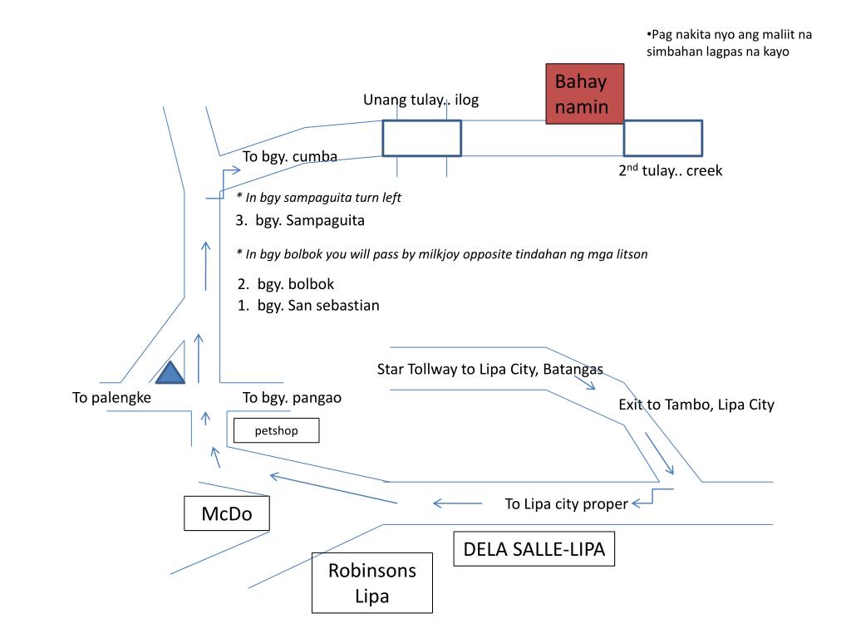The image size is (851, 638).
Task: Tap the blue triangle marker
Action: (170, 374)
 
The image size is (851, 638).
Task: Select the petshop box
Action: (276, 430)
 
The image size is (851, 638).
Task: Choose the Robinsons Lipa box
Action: (371, 583)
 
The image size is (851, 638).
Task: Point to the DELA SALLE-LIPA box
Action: (534, 550)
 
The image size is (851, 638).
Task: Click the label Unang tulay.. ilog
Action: (421, 101)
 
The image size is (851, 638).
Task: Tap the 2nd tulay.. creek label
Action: (670, 170)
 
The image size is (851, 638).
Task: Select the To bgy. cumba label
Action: (290, 156)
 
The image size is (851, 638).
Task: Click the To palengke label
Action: (111, 398)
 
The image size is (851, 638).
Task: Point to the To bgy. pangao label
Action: (292, 398)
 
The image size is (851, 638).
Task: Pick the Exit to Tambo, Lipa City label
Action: (696, 405)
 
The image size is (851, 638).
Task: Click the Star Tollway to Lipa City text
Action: (489, 369)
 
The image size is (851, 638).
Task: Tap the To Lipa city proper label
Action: (567, 503)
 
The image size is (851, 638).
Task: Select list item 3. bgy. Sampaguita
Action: (300, 222)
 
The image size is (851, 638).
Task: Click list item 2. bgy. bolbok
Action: (285, 284)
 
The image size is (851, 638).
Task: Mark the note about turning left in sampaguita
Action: (318, 198)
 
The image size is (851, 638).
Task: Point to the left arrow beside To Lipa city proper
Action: (457, 503)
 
